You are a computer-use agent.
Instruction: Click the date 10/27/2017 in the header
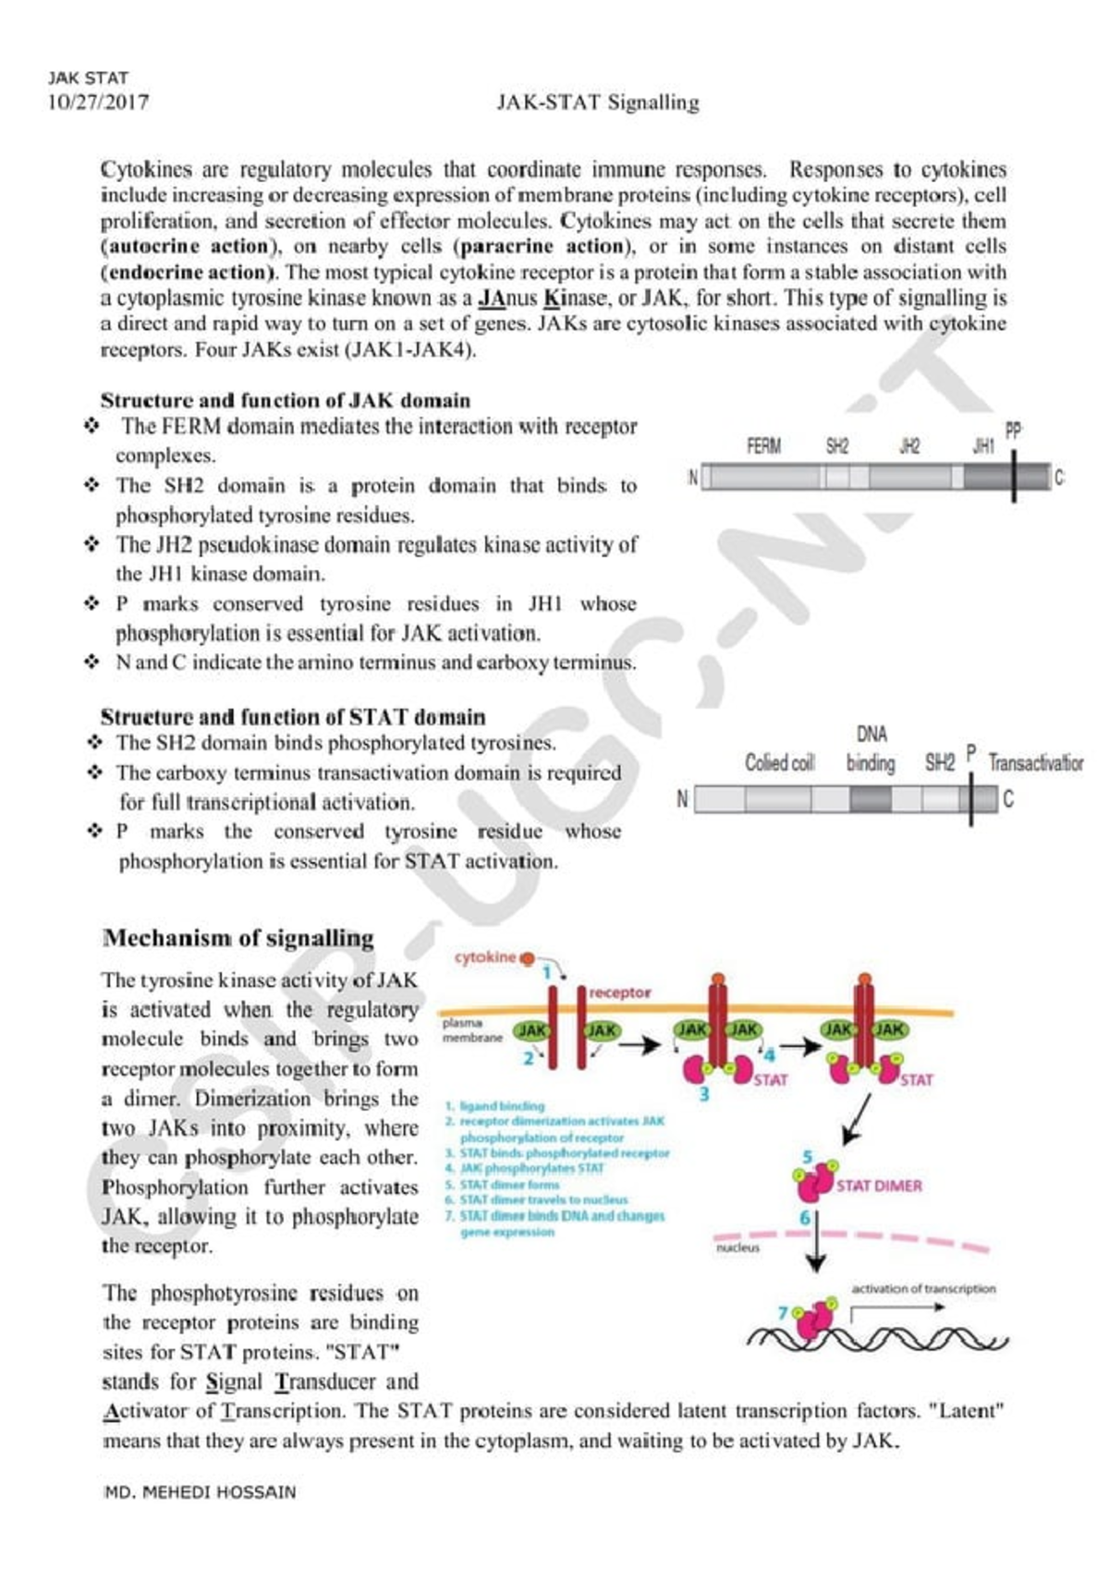[98, 102]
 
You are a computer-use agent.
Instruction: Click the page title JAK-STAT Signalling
[597, 102]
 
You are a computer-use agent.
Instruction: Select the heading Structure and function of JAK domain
[285, 400]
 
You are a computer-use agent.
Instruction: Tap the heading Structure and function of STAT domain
[292, 717]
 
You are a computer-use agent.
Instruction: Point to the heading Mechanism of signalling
[238, 938]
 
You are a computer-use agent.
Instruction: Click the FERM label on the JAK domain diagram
[763, 446]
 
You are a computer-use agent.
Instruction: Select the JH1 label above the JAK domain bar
[983, 446]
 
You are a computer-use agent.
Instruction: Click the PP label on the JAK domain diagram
[1014, 431]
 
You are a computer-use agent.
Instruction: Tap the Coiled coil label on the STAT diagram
[779, 762]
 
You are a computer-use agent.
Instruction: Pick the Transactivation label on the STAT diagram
[1035, 762]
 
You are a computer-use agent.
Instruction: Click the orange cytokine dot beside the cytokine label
[527, 958]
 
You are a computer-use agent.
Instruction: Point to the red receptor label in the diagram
[619, 992]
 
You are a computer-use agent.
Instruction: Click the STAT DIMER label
[879, 1186]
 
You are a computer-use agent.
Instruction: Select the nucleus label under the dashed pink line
[737, 1247]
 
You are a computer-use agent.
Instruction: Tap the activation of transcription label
[923, 1288]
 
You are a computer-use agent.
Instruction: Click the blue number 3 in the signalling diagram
[704, 1095]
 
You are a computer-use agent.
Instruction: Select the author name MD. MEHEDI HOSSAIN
[200, 1492]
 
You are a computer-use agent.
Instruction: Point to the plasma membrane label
[472, 1029]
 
